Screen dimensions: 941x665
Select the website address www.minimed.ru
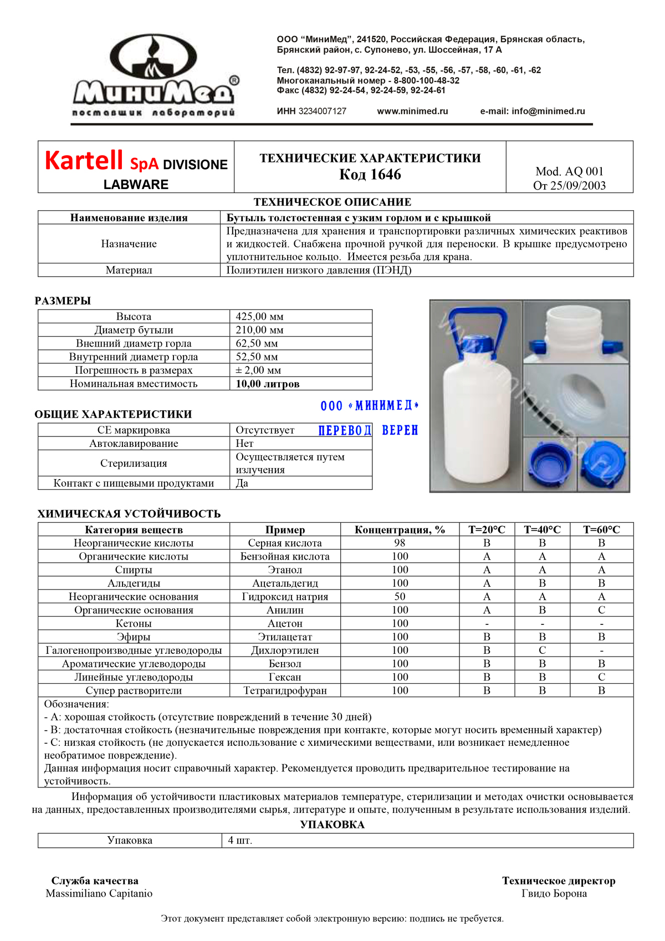412,111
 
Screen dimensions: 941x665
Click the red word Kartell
83,161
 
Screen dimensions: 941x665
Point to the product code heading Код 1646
370,175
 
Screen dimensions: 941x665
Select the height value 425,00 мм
259,317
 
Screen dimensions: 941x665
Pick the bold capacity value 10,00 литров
268,384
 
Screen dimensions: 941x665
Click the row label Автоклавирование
134,444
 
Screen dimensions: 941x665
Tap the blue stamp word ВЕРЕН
400,430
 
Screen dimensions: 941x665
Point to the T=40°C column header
542,530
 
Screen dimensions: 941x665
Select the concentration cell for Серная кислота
400,543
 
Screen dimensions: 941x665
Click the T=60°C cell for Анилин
601,610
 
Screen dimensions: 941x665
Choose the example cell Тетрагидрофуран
285,690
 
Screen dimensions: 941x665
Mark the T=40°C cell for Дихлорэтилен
542,650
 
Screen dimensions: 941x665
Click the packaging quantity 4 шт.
240,841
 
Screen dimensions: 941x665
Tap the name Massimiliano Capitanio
99,893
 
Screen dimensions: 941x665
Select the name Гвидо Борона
554,893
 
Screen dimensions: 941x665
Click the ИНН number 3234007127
322,111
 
